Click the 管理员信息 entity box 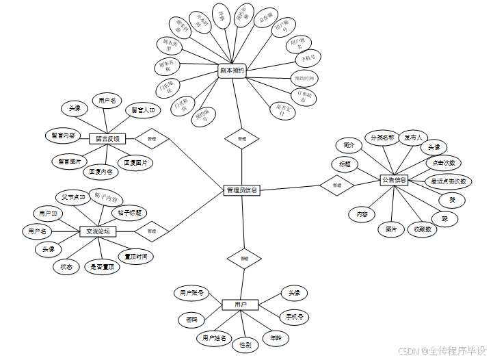242,190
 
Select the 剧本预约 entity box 232,70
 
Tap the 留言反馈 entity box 107,138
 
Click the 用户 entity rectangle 241,304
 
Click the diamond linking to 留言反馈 151,138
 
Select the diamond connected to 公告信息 336,185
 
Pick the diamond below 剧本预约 241,138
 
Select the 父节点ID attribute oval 73,198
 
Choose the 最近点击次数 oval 449,181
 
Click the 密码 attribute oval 192,319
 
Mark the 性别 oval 245,345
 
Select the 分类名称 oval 382,138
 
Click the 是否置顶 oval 103,267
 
